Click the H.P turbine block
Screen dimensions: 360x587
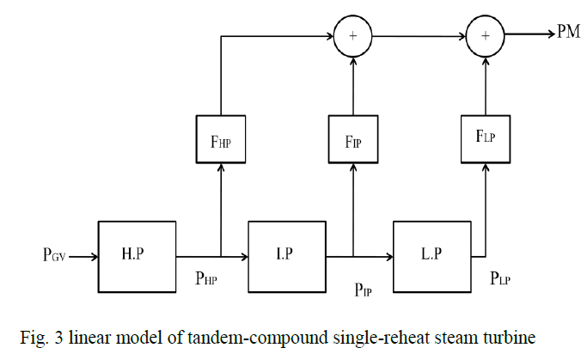click(x=137, y=255)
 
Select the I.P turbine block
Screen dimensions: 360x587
click(x=286, y=255)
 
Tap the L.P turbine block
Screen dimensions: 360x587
click(x=431, y=255)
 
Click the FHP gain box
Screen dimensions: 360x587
click(x=221, y=138)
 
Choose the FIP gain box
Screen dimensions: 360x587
click(x=353, y=138)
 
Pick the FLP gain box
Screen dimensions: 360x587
click(x=486, y=138)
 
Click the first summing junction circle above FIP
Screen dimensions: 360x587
click(x=353, y=36)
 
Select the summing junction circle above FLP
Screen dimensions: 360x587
click(x=486, y=36)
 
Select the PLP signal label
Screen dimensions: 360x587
click(x=502, y=277)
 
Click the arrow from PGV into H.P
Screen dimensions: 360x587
click(x=84, y=255)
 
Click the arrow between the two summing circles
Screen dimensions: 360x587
click(x=419, y=36)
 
